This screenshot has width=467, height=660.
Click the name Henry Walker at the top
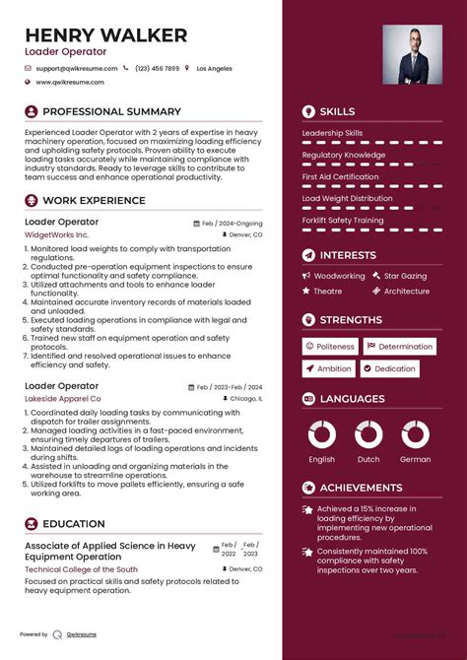(x=106, y=35)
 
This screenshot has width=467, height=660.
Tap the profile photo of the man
(x=412, y=54)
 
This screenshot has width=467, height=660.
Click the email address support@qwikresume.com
(x=76, y=69)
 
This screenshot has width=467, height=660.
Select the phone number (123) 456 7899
(x=158, y=69)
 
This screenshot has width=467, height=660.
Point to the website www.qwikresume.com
(x=71, y=83)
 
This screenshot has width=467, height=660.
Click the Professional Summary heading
(x=111, y=112)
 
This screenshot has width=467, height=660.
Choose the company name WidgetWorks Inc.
(x=56, y=235)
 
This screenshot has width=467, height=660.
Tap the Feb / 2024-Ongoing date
(x=233, y=224)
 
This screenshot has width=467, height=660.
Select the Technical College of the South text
(x=81, y=569)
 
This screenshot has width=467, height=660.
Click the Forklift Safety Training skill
(x=343, y=221)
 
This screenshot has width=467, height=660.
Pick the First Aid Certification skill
(x=340, y=177)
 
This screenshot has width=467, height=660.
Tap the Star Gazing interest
(x=405, y=277)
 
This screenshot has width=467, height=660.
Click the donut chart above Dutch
(x=368, y=434)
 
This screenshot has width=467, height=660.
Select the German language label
(x=415, y=460)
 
